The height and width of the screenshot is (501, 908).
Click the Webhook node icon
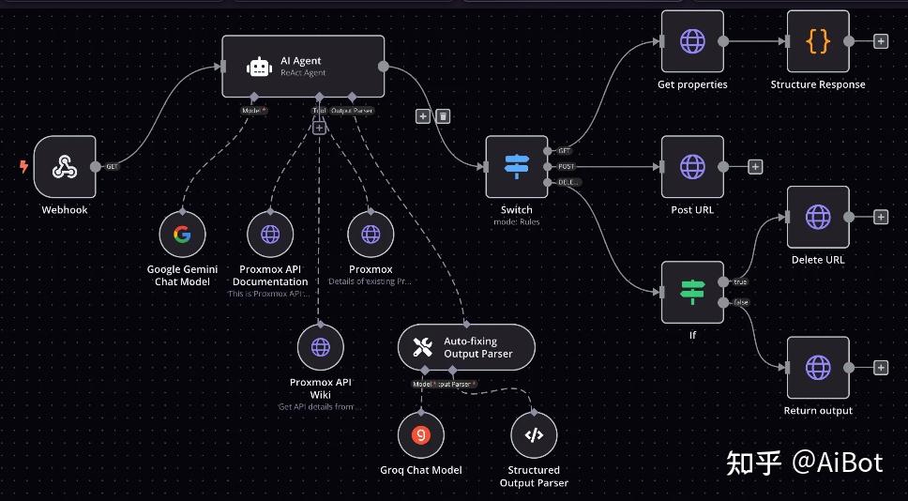[65, 167]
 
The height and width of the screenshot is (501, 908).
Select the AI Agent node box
[303, 66]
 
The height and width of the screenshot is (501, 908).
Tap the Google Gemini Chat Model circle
[182, 235]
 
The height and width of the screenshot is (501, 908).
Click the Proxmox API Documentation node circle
[270, 235]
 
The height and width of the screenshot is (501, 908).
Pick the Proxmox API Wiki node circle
[321, 348]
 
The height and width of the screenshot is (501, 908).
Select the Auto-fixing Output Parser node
[466, 348]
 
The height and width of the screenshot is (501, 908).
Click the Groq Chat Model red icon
[421, 434]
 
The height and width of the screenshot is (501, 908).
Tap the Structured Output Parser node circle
[534, 434]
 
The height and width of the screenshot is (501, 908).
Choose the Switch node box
[516, 167]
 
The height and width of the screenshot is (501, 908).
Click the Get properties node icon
[692, 41]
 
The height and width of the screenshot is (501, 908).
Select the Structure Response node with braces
[818, 41]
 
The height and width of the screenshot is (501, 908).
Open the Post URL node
[692, 167]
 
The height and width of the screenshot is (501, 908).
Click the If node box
[692, 293]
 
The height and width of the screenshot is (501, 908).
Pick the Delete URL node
[818, 217]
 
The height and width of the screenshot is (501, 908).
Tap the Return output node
[818, 368]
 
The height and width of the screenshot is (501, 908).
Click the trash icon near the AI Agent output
[444, 115]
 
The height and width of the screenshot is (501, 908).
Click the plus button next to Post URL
[755, 167]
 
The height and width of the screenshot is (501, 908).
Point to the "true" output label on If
[739, 281]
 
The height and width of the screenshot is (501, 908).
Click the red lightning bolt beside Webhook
[23, 167]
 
